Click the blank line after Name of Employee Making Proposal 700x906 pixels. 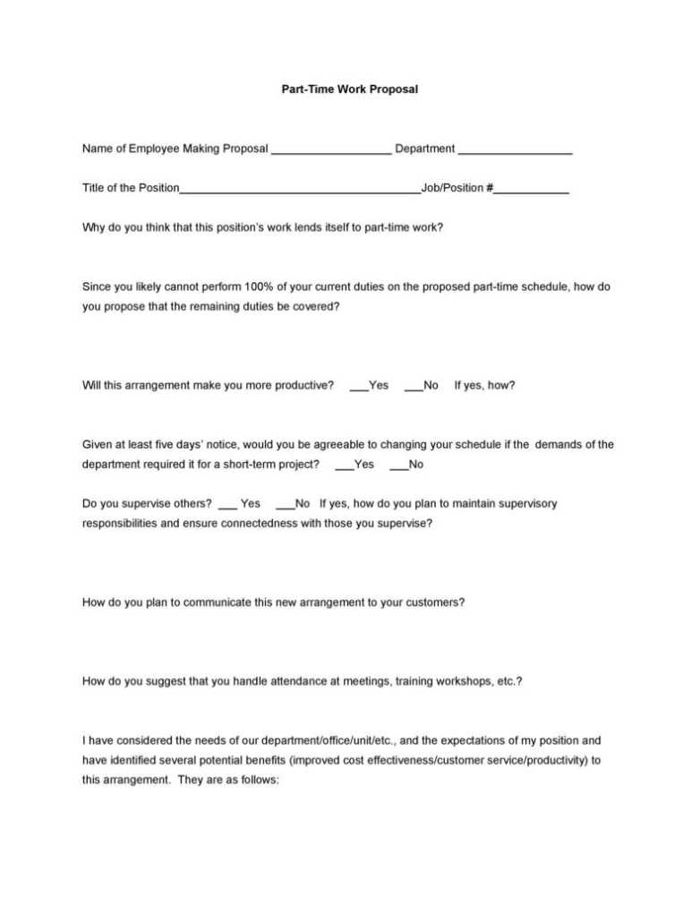(330, 150)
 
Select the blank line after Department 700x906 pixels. (515, 150)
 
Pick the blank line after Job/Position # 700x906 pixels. (532, 190)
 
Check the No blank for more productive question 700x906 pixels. (413, 388)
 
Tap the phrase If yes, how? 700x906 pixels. (484, 386)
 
